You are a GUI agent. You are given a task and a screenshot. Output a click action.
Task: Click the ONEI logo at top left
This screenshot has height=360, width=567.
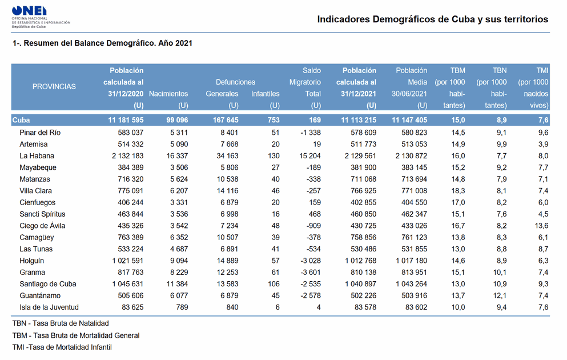(x=41, y=17)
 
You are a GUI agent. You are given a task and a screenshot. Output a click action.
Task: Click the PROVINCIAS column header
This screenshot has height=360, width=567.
(x=54, y=86)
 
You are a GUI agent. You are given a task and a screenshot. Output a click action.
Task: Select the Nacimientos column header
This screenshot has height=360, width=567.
(x=168, y=94)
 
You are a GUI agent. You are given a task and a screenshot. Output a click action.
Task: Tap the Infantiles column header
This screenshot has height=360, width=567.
(x=266, y=94)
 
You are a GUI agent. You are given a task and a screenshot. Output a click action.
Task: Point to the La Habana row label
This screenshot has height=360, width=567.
(x=37, y=156)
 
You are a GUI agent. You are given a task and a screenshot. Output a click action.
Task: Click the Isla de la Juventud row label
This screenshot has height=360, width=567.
(x=49, y=307)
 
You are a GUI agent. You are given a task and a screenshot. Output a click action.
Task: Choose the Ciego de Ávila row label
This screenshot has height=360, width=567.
(x=42, y=226)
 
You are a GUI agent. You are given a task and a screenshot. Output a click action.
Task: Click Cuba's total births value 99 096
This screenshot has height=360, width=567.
(x=177, y=120)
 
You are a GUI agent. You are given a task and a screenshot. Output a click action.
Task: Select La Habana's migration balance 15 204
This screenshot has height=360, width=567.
(x=310, y=156)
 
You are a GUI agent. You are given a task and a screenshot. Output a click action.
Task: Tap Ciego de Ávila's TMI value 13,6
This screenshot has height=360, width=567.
(x=541, y=226)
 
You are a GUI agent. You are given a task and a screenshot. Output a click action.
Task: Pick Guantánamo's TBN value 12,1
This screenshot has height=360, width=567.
(x=500, y=295)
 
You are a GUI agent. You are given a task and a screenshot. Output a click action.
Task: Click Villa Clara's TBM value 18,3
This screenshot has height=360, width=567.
(x=458, y=191)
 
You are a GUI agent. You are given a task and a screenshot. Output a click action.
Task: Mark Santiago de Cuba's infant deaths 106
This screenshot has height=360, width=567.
(x=274, y=284)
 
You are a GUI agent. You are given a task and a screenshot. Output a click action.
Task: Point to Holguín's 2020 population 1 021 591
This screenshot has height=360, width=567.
(x=128, y=261)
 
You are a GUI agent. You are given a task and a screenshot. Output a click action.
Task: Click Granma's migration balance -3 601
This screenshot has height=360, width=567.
(x=311, y=273)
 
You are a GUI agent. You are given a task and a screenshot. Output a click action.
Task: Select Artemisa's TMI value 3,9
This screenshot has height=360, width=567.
(x=543, y=145)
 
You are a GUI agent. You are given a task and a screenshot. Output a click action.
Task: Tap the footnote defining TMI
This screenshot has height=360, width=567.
(x=62, y=347)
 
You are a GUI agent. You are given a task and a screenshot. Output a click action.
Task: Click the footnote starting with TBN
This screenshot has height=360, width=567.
(x=61, y=323)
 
